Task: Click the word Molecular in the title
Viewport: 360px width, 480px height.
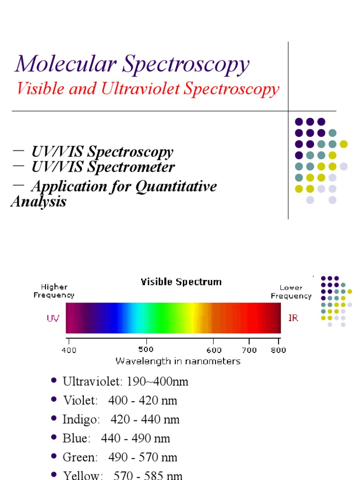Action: pyautogui.click(x=65, y=64)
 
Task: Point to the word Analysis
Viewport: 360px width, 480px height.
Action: pyautogui.click(x=38, y=202)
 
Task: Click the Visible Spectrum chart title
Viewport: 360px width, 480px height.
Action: pyautogui.click(x=181, y=282)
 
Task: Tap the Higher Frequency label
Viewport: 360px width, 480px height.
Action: pyautogui.click(x=54, y=291)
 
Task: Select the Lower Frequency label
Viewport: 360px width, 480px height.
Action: pyautogui.click(x=291, y=292)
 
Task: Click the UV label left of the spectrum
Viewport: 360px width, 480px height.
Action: pyautogui.click(x=53, y=318)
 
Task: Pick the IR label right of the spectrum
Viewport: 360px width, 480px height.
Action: pyautogui.click(x=293, y=318)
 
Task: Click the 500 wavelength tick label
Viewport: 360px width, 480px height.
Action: pyautogui.click(x=145, y=350)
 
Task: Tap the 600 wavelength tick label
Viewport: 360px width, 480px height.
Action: pyautogui.click(x=214, y=350)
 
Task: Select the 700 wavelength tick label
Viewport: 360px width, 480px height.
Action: pyautogui.click(x=249, y=350)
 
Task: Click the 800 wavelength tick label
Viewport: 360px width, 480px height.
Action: pyautogui.click(x=279, y=350)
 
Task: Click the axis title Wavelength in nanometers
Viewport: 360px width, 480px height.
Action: pyautogui.click(x=178, y=361)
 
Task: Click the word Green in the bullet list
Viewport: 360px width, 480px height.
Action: pyautogui.click(x=80, y=457)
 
